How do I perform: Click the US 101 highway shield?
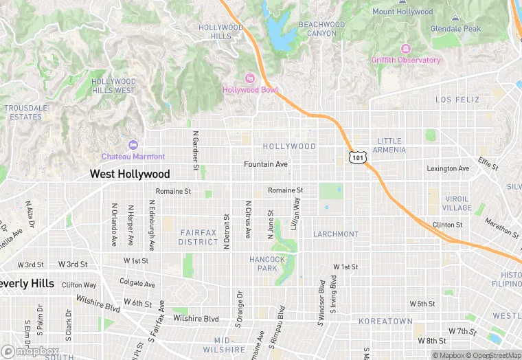[356, 157]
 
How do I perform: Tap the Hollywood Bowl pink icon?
[250, 78]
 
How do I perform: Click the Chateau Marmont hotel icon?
[133, 145]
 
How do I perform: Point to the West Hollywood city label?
[130, 175]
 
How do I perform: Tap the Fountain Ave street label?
[266, 164]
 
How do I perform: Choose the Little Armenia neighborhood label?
[389, 146]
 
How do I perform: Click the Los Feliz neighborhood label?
[457, 100]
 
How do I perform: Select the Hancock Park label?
[267, 264]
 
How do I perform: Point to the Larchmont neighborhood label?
[336, 234]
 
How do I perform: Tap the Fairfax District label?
[198, 238]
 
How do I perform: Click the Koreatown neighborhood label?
[385, 322]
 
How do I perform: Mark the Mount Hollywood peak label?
[402, 12]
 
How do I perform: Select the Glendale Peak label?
[455, 29]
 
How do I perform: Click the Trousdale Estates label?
[26, 113]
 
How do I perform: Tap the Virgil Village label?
[457, 203]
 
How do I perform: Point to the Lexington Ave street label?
[448, 168]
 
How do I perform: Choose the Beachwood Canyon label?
[321, 28]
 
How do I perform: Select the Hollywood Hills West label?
[114, 86]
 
